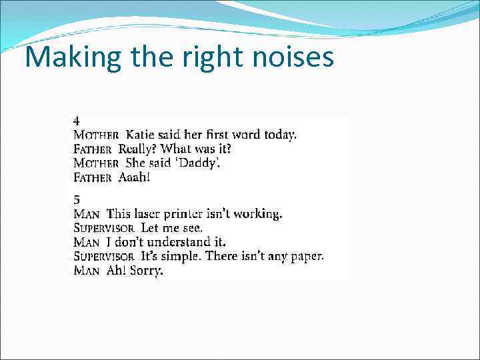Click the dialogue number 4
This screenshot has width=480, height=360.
point(77,121)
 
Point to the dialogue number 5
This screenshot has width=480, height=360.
point(77,199)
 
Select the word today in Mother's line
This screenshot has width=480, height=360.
point(280,135)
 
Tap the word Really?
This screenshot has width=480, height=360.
point(138,149)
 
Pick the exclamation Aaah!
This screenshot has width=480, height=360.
point(134,177)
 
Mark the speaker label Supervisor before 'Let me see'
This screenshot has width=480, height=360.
point(105,228)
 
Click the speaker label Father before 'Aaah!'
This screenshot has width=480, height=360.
point(93,177)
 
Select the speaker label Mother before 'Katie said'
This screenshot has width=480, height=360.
point(96,135)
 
